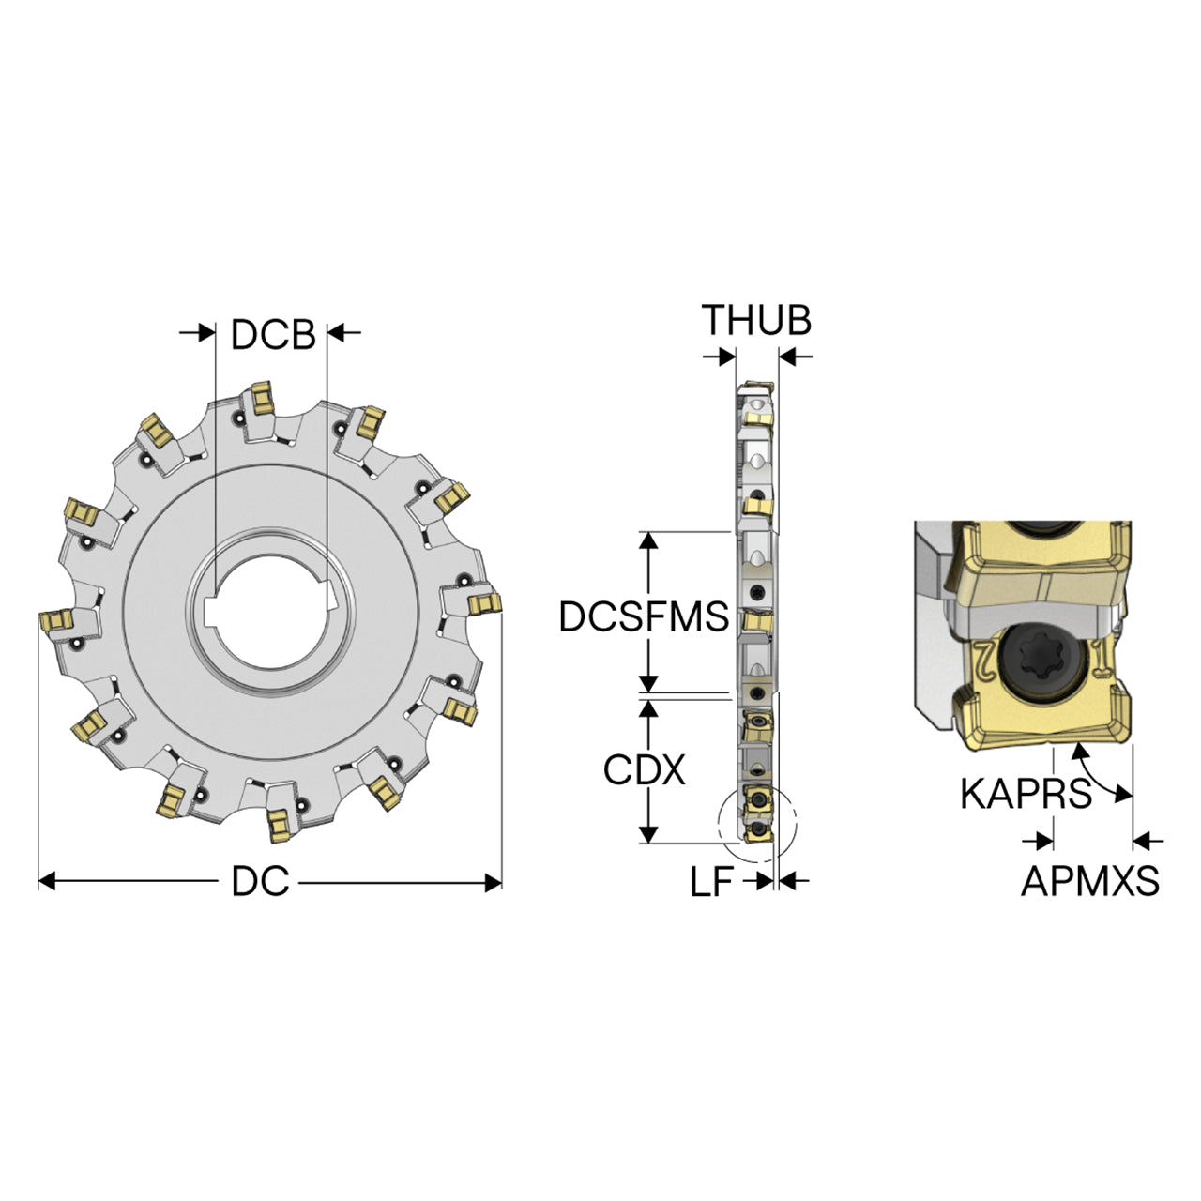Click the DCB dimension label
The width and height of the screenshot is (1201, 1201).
273,335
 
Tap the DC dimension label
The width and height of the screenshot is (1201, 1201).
260,882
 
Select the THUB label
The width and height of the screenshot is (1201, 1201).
756,320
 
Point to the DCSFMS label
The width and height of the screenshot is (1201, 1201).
644,617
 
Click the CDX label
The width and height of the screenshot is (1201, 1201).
644,769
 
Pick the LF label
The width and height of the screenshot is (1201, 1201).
711,882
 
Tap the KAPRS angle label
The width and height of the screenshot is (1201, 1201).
1026,794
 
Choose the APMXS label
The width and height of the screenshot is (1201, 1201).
1090,881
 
